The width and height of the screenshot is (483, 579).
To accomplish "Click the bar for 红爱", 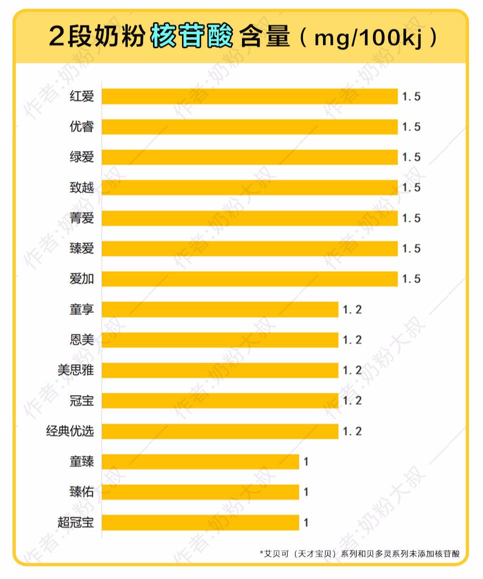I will click(x=249, y=96).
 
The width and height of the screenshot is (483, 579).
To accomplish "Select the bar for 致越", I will click(x=249, y=188).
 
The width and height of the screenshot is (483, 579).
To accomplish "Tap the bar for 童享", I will click(x=220, y=310).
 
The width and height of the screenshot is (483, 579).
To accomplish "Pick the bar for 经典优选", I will click(x=220, y=431).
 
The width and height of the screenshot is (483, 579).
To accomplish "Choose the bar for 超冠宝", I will click(x=200, y=523).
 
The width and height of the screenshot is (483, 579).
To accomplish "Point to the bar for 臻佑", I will click(x=200, y=492).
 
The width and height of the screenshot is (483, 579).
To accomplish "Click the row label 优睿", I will click(x=81, y=127).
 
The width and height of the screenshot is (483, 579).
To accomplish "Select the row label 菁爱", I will click(x=81, y=218).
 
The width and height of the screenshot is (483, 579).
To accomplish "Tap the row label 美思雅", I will click(x=75, y=370).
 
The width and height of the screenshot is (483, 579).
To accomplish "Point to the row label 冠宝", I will click(x=81, y=401).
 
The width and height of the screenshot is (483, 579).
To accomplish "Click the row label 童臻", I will click(x=81, y=462).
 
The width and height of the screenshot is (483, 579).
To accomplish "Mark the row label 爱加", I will click(x=81, y=279).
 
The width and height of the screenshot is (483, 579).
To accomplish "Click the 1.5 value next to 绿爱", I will click(x=411, y=157).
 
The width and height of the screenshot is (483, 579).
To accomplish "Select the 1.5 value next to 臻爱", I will click(x=411, y=249).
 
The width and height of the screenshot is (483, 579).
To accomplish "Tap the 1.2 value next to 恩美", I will click(x=352, y=340).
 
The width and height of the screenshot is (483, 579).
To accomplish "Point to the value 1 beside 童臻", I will click(x=306, y=462).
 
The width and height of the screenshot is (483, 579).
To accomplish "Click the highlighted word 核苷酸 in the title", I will click(x=191, y=36).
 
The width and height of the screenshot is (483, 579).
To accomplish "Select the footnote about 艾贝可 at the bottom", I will click(x=359, y=554).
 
